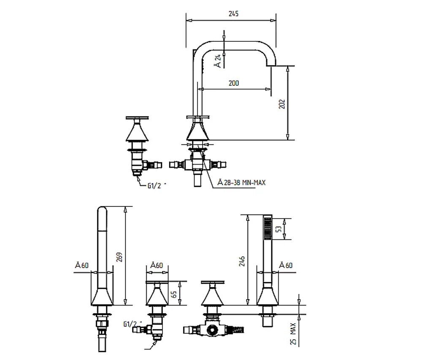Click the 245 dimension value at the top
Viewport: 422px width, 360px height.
click(234, 14)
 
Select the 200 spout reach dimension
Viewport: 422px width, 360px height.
click(234, 83)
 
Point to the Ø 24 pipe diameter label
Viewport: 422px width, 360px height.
click(219, 61)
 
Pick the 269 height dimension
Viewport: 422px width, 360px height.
click(120, 257)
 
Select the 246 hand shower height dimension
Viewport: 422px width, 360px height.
click(242, 261)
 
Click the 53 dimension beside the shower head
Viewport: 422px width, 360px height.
click(279, 229)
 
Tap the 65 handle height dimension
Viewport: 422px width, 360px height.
click(174, 294)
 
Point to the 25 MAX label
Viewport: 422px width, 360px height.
click(294, 334)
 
